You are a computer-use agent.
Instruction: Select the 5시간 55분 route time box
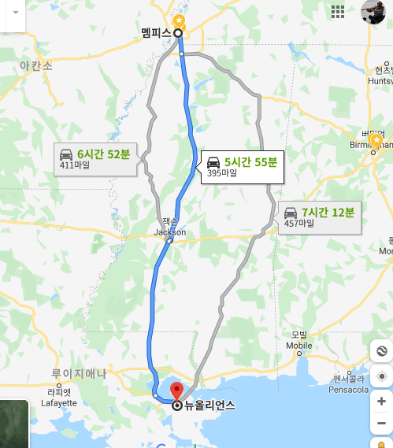tap(241, 166)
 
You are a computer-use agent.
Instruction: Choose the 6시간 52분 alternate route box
tap(95, 158)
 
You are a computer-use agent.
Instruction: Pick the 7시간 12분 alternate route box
tap(320, 217)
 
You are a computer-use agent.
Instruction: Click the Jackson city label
tap(170, 232)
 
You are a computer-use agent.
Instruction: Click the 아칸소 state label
tap(36, 66)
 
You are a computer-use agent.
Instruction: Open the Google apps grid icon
tap(339, 11)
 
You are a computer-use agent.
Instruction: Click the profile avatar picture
tap(373, 12)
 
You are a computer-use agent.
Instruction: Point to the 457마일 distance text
tap(298, 224)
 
